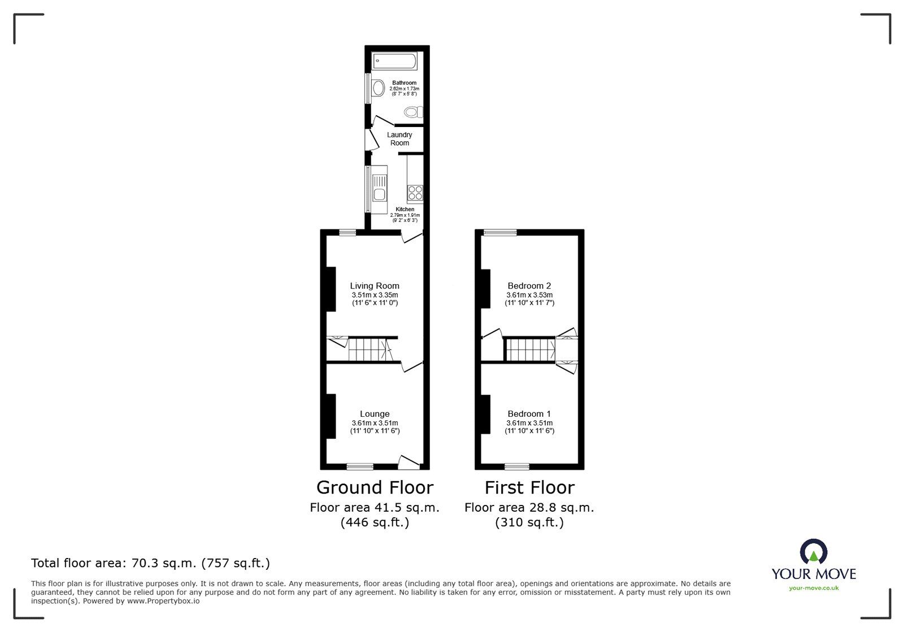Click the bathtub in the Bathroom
coord(395,61)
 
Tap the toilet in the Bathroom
coord(414,112)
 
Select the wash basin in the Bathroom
coord(379,89)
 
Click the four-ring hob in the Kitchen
coord(415,193)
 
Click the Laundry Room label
coord(399,139)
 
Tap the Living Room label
coord(375,286)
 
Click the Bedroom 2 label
coord(529,286)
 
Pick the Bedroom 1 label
coord(529,414)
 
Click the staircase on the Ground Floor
coord(366,350)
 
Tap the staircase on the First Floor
coord(530,350)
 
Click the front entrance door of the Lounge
coord(409,462)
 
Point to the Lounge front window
coord(360,467)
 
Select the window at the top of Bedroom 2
coord(500,232)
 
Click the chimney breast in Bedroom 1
coord(485,415)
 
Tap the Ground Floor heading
coord(375,487)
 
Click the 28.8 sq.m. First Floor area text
coord(529,508)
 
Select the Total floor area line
coord(150,563)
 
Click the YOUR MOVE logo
coord(814,565)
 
